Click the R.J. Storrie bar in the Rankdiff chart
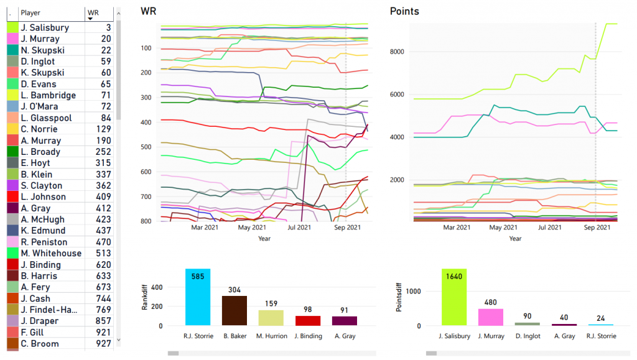tap(198, 297)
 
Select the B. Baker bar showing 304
tap(235, 310)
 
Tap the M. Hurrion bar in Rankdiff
tap(271, 317)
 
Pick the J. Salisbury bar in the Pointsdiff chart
tap(454, 297)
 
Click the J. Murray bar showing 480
tap(491, 317)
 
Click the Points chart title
tap(404, 11)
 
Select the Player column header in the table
tap(31, 12)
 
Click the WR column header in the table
tap(93, 12)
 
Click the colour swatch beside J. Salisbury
tap(12, 28)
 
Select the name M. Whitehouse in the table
tap(51, 254)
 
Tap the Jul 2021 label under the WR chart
tap(299, 228)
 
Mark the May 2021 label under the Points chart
tap(503, 228)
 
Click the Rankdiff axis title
tap(145, 297)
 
